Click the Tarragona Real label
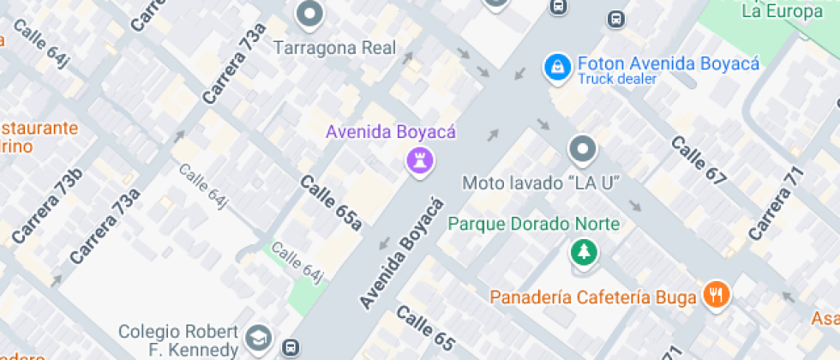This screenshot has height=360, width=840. tap(335, 48)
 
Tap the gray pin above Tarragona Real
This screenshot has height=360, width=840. tap(309, 14)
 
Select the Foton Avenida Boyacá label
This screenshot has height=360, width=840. tap(668, 63)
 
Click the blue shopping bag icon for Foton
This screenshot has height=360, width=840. tap(558, 67)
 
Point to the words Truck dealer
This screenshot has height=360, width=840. tap(616, 79)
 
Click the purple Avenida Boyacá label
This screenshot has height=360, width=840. tap(390, 132)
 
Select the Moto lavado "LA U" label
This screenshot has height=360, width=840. tap(541, 183)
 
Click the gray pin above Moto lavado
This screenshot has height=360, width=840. tap(583, 150)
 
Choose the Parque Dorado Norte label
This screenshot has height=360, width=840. tap(534, 225)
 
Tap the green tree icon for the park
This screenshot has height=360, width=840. tap(583, 252)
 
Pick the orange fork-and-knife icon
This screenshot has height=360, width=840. tap(716, 296)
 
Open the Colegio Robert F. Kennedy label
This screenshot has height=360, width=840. tap(177, 340)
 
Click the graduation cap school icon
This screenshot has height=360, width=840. tap(257, 338)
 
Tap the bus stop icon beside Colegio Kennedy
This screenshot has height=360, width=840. tap(291, 348)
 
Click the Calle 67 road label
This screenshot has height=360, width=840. tap(698, 160)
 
